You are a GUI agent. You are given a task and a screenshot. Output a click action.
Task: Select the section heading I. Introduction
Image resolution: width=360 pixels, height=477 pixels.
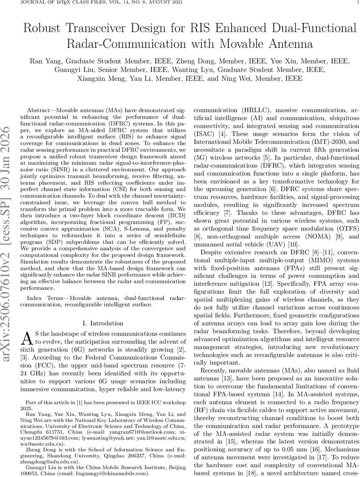[x=102, y=323]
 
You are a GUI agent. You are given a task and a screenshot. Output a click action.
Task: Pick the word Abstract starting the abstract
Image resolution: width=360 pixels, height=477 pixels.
[x=40, y=109]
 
